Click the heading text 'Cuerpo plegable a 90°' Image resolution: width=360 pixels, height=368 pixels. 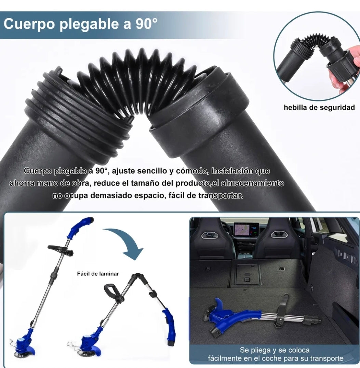point(81,25)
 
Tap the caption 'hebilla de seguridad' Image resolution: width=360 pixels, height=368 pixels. point(319,108)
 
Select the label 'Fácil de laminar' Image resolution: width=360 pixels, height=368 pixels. point(98,274)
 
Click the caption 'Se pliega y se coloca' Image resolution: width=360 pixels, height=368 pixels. point(275,350)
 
